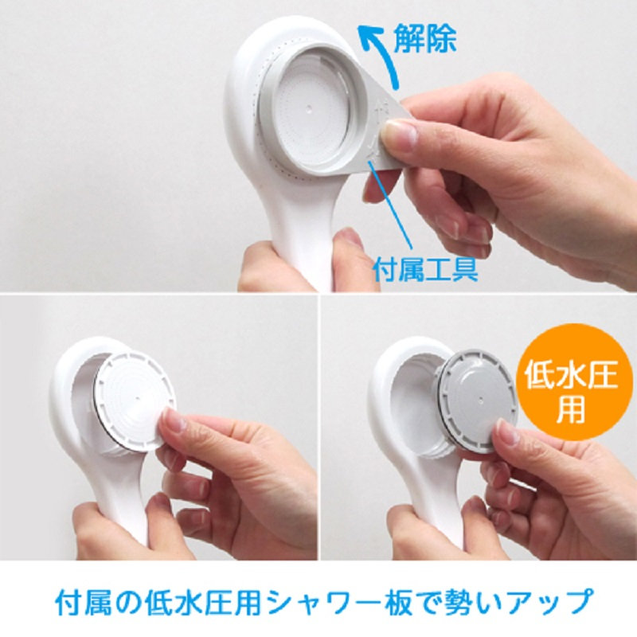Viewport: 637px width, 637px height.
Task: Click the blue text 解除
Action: pyautogui.click(x=425, y=38)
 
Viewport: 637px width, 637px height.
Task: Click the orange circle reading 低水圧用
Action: pyautogui.click(x=572, y=382)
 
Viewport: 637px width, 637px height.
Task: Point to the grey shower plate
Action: pyautogui.click(x=476, y=401)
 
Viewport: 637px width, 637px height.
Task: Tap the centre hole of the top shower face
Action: pyautogui.click(x=309, y=109)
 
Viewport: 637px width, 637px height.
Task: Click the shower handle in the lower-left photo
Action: pyautogui.click(x=118, y=500)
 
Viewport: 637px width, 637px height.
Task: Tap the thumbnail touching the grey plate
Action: pyautogui.click(x=508, y=432)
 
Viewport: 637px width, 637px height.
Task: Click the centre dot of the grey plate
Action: pyautogui.click(x=481, y=401)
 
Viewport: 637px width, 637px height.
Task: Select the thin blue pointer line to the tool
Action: pyautogui.click(x=391, y=204)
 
